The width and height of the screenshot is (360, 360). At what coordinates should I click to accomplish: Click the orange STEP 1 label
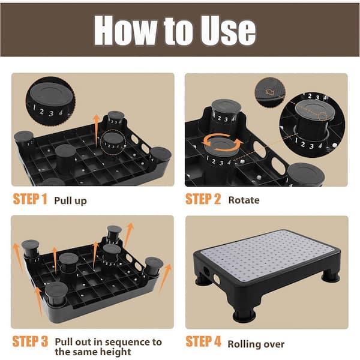coord(29,200)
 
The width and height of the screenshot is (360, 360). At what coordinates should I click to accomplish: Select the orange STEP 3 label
coord(29,342)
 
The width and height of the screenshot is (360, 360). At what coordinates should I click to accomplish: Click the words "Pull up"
coord(70,200)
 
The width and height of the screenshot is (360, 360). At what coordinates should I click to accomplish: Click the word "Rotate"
coord(244,200)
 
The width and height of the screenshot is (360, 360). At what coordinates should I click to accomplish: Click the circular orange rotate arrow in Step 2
coord(223,143)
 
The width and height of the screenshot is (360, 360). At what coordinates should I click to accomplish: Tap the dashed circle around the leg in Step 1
coord(114,143)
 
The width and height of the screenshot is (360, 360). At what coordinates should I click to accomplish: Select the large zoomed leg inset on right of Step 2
coord(311,128)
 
